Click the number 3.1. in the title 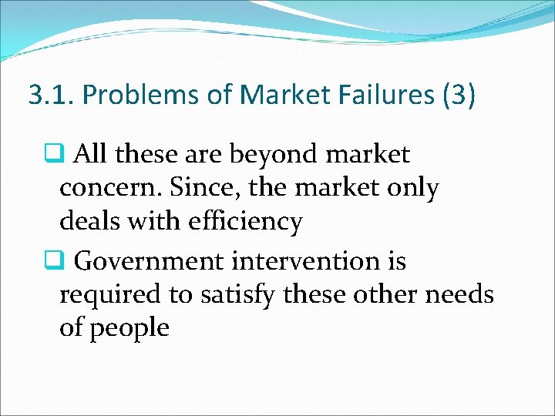tap(52, 95)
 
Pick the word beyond tap(288, 155)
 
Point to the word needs tap(462, 294)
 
